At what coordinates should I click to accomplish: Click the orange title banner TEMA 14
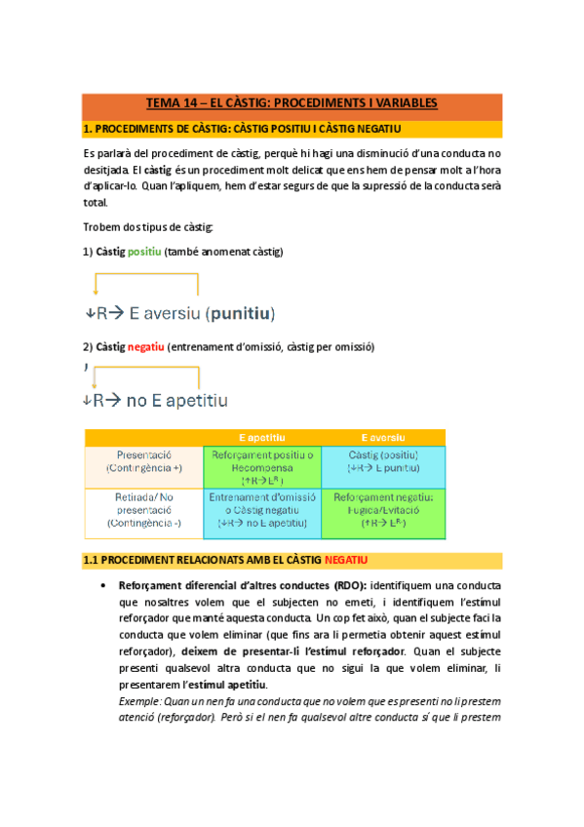click(292, 102)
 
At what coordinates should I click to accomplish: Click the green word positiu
click(145, 252)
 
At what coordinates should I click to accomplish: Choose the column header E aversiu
click(383, 437)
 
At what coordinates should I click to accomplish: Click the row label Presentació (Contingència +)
click(143, 461)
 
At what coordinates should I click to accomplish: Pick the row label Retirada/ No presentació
click(143, 510)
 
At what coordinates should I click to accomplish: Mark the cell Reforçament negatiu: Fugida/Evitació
click(383, 510)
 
